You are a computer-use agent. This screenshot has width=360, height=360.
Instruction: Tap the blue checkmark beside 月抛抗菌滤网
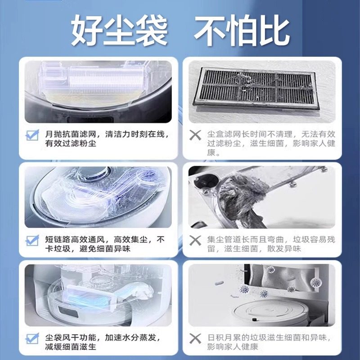[x=32, y=135]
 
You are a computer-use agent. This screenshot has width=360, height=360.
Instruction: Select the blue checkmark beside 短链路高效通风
[x=32, y=240]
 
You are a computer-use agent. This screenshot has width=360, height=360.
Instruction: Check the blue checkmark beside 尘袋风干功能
[x=32, y=338]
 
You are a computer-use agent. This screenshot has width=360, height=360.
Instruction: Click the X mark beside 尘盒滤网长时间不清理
[x=195, y=135]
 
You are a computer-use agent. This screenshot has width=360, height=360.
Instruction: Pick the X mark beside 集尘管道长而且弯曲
[x=195, y=240]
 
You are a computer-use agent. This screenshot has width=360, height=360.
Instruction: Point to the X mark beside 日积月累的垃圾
[x=195, y=338]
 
